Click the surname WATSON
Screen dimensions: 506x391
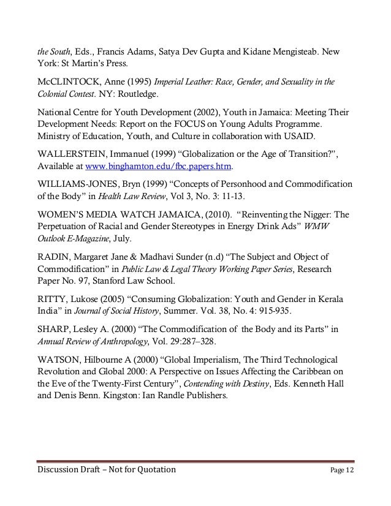tap(53, 360)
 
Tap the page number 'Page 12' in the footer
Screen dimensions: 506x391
tap(344, 469)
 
